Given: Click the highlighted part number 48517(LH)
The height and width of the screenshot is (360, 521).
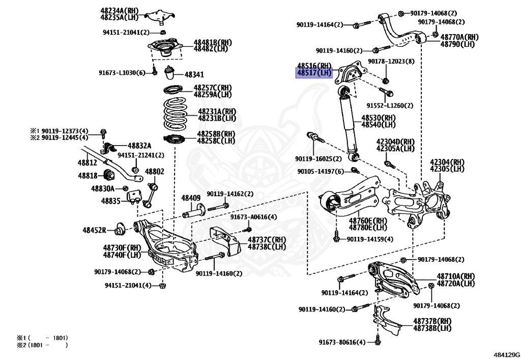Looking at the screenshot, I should click(314, 73).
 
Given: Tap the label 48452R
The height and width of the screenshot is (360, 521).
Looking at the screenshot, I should click(95, 230).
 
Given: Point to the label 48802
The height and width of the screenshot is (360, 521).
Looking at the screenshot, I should click(155, 172).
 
